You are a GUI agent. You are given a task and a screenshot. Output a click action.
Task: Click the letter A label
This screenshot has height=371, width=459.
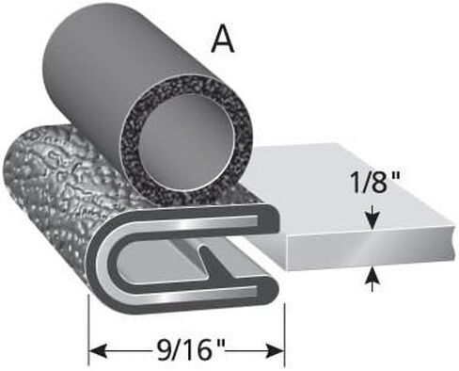223,41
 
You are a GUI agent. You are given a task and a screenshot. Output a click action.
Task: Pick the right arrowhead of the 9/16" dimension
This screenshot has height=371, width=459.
274,351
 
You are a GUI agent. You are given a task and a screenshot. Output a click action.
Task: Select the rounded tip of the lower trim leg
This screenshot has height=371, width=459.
272,295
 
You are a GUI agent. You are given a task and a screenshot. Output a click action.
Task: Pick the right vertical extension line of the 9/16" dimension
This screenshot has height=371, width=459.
284,335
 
